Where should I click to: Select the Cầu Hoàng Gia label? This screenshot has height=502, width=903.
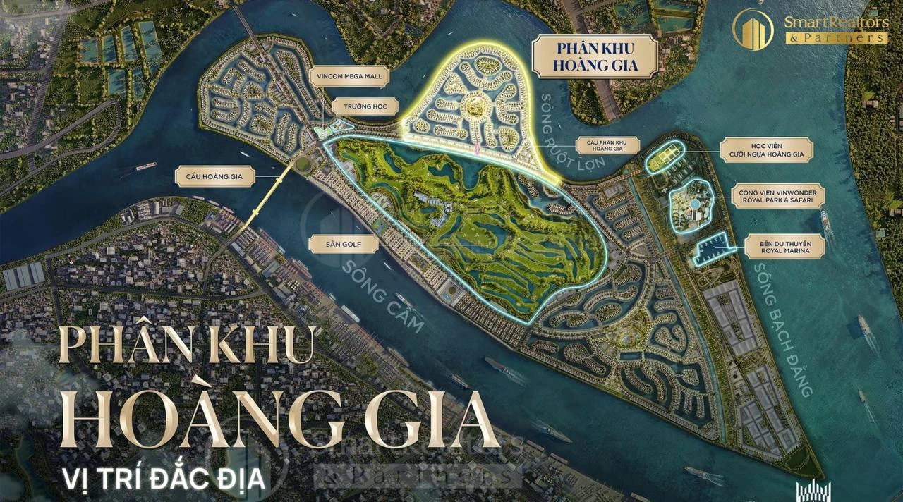(x=214, y=176)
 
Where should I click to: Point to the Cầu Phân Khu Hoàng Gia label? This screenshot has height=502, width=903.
(x=607, y=146)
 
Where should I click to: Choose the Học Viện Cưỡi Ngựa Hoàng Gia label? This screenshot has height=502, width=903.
(x=766, y=150)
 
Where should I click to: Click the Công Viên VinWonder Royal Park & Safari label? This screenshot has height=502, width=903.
(x=778, y=196)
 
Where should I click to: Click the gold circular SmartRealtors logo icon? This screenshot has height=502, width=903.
(x=753, y=30)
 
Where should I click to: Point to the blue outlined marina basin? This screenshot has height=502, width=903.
(x=713, y=247)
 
